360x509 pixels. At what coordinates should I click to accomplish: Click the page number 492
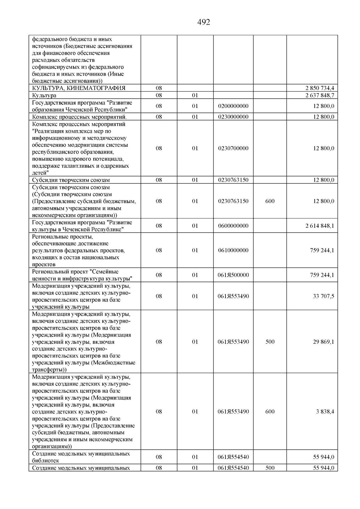pyautogui.click(x=204, y=22)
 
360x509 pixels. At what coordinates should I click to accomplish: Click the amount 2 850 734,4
pyautogui.click(x=320, y=88)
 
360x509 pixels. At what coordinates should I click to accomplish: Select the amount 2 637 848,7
pyautogui.click(x=320, y=95)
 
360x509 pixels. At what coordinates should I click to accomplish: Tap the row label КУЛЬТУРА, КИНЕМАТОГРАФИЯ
pyautogui.click(x=79, y=88)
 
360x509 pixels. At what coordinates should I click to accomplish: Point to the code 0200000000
pyautogui.click(x=233, y=106)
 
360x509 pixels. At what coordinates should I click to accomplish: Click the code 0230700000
pyautogui.click(x=233, y=148)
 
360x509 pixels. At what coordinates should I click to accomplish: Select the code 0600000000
pyautogui.click(x=233, y=226)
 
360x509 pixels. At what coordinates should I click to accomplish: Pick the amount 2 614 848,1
pyautogui.click(x=320, y=226)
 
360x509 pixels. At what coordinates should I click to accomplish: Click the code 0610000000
pyautogui.click(x=233, y=250)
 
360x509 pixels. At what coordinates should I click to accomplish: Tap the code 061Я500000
pyautogui.click(x=233, y=275)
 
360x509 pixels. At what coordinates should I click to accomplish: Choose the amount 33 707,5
pyautogui.click(x=323, y=296)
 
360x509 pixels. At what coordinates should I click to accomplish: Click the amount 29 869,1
pyautogui.click(x=323, y=342)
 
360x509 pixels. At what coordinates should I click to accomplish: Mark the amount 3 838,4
pyautogui.click(x=325, y=412)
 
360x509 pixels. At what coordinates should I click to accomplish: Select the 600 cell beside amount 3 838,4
pyautogui.click(x=270, y=412)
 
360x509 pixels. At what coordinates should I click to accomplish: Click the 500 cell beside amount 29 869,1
pyautogui.click(x=270, y=342)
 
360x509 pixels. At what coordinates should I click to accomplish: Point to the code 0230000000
pyautogui.click(x=233, y=117)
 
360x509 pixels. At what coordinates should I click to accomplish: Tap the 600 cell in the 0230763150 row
pyautogui.click(x=270, y=201)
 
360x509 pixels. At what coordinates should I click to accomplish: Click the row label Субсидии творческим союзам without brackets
pyautogui.click(x=71, y=180)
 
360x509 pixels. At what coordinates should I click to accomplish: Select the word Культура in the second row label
pyautogui.click(x=44, y=95)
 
